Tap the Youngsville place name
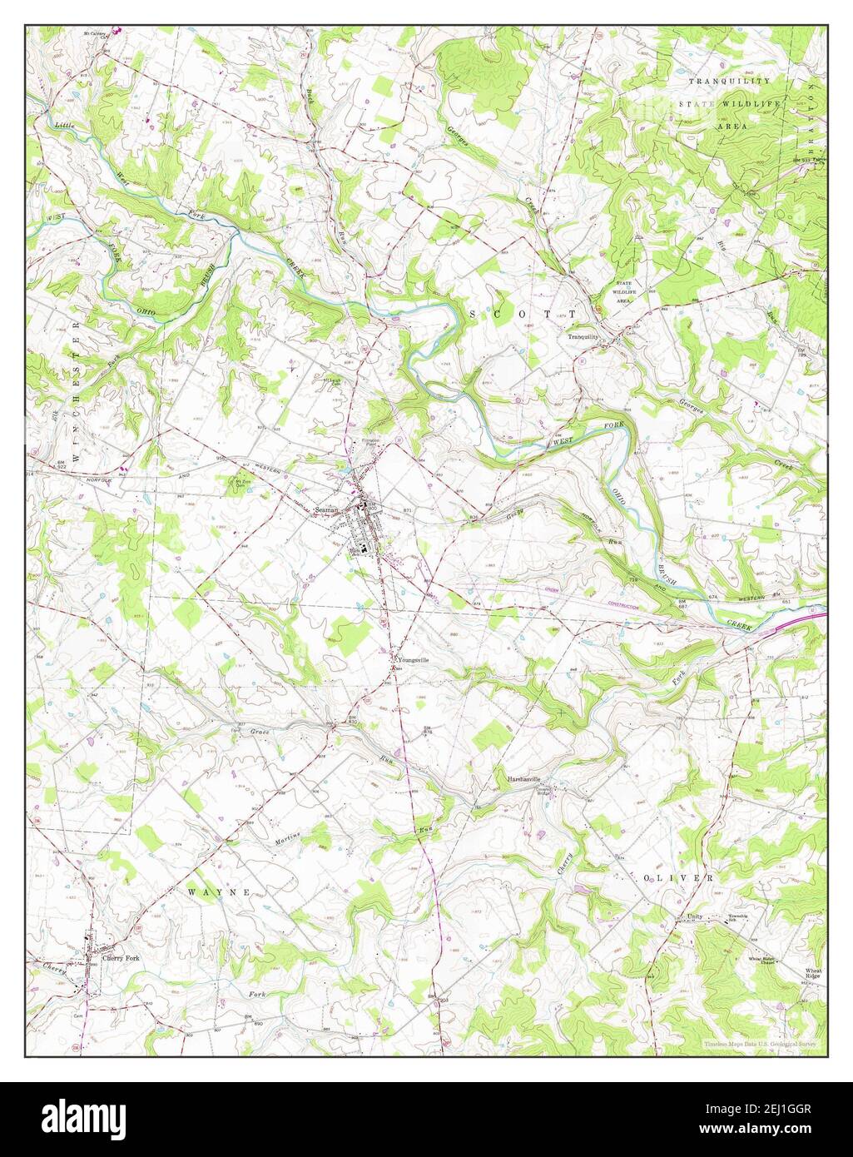click(x=414, y=659)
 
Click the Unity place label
click(x=695, y=917)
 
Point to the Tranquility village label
click(x=583, y=337)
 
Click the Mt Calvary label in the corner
click(x=97, y=35)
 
